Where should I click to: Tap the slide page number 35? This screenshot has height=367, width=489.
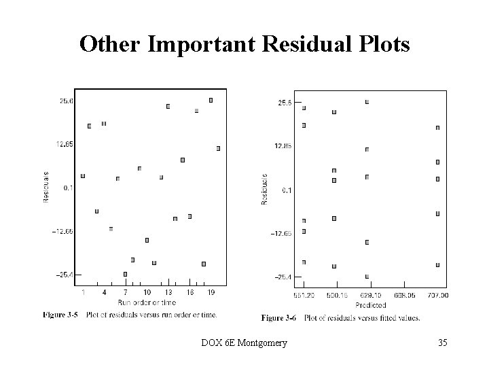coord(442,343)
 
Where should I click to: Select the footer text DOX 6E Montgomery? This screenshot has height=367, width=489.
coord(244,343)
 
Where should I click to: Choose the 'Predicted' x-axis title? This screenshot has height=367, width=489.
coord(370,305)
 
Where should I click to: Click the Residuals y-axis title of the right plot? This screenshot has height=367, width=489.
coord(265,189)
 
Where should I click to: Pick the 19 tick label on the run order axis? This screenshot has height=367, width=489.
coord(211,292)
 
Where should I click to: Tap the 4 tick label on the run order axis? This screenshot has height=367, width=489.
coord(104,292)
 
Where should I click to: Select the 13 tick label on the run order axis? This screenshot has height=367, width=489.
coord(168,292)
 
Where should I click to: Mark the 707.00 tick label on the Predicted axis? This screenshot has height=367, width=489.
coord(438,296)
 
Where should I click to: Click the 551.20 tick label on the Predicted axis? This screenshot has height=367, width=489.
coord(304,296)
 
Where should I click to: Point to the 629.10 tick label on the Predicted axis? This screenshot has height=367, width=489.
coord(367,296)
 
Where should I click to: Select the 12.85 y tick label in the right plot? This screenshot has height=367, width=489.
coord(283,145)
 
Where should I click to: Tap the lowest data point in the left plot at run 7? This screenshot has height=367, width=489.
coord(125,274)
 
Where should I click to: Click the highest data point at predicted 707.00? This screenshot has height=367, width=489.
coord(437,127)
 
